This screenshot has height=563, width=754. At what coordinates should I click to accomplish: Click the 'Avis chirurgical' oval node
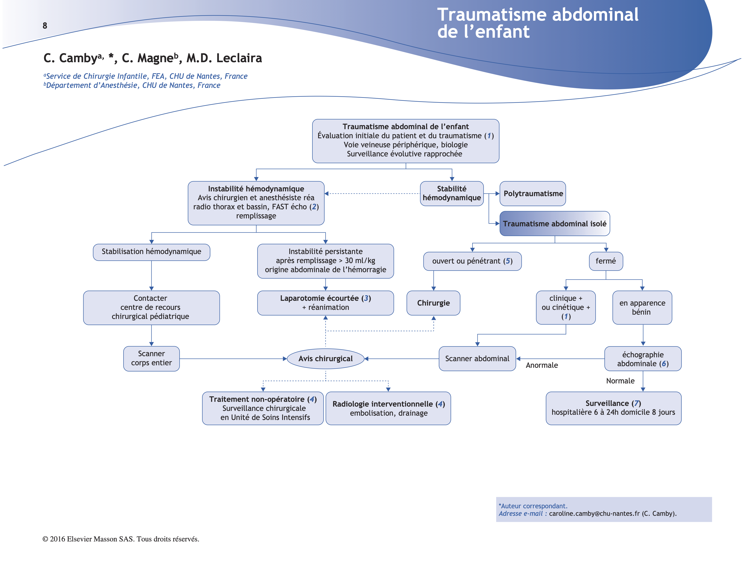(x=326, y=358)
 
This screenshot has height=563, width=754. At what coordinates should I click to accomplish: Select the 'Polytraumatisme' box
(x=533, y=194)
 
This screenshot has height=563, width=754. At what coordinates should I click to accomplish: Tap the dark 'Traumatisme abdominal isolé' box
(x=555, y=224)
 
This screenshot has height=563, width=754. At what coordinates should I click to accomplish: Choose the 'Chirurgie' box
(x=433, y=303)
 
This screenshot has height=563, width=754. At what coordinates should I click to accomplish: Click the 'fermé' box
(x=606, y=261)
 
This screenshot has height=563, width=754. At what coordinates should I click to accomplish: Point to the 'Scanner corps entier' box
(x=151, y=358)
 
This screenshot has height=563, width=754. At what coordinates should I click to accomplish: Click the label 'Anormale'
(x=542, y=365)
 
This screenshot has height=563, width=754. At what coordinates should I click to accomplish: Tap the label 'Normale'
(x=620, y=381)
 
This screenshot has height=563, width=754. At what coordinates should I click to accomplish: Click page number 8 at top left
(x=45, y=26)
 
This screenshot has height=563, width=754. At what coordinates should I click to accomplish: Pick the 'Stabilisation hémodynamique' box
(x=151, y=252)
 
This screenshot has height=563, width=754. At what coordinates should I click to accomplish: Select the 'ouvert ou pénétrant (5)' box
(x=472, y=261)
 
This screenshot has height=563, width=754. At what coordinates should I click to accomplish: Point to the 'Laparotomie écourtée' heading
(x=320, y=298)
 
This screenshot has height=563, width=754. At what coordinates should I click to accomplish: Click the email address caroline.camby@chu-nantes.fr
(x=594, y=514)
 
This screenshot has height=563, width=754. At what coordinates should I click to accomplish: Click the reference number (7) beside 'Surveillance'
(x=636, y=403)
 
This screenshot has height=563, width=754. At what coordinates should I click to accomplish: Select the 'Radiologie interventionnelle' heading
(x=383, y=404)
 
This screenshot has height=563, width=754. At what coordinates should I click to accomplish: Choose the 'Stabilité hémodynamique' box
(x=452, y=193)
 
